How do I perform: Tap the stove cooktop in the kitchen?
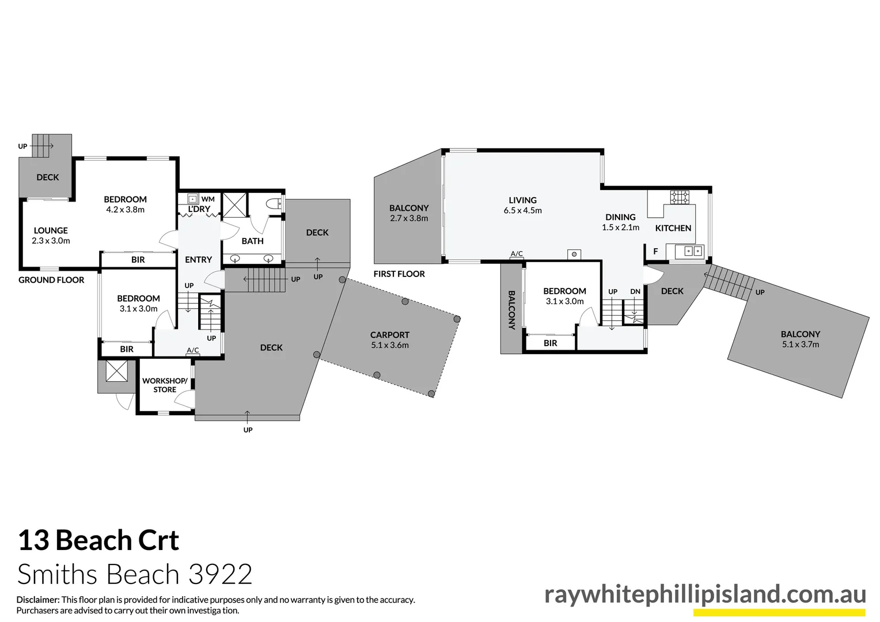tap(679, 198)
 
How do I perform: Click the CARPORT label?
tap(390, 335)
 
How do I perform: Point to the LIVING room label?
tap(522, 200)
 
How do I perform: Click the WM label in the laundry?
tap(208, 199)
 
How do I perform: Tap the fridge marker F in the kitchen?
tap(655, 252)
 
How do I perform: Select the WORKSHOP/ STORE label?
tap(165, 385)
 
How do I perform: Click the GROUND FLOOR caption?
tap(51, 280)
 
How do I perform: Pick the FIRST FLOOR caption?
tap(399, 274)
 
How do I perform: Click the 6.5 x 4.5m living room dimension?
tap(522, 211)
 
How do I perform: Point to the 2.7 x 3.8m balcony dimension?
tap(409, 218)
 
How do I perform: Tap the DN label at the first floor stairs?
tap(635, 291)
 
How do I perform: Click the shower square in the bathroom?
tap(234, 204)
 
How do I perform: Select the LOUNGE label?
tap(51, 230)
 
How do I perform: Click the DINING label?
tap(620, 217)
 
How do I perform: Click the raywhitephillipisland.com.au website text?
tap(705, 594)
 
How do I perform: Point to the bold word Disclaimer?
tap(38, 600)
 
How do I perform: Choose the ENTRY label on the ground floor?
tap(199, 260)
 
